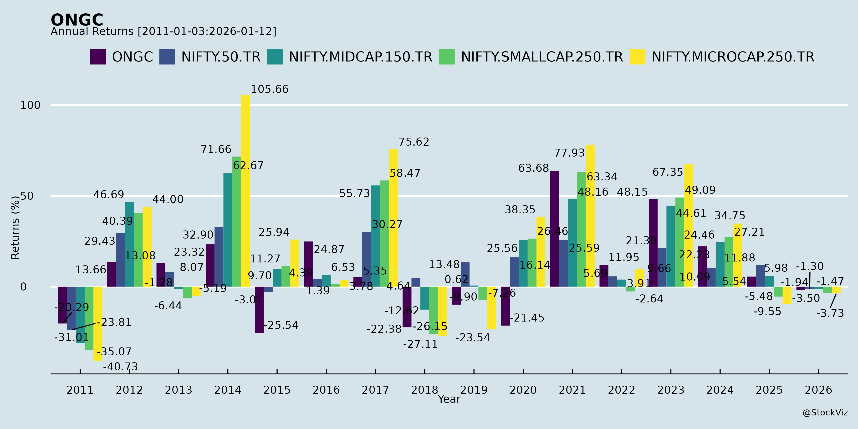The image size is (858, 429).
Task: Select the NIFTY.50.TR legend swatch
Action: click(x=167, y=57)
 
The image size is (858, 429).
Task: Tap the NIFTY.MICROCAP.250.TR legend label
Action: click(x=733, y=57)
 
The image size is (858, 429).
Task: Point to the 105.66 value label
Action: click(x=270, y=89)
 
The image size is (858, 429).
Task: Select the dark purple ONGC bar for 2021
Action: click(x=555, y=229)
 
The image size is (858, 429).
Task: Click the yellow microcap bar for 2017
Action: click(x=393, y=218)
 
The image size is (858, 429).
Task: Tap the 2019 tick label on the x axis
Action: click(x=474, y=390)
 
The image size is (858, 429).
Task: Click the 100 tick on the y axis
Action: click(x=30, y=105)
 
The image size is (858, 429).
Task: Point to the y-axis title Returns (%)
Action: click(x=15, y=228)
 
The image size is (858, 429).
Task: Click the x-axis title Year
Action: click(x=449, y=399)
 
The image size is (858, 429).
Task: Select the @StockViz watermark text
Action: click(x=825, y=413)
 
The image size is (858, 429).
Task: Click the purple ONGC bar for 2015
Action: click(x=259, y=310)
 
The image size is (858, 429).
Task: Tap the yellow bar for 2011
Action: click(x=97, y=323)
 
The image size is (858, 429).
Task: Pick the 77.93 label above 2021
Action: click(x=569, y=153)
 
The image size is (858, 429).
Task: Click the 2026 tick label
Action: click(x=818, y=390)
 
